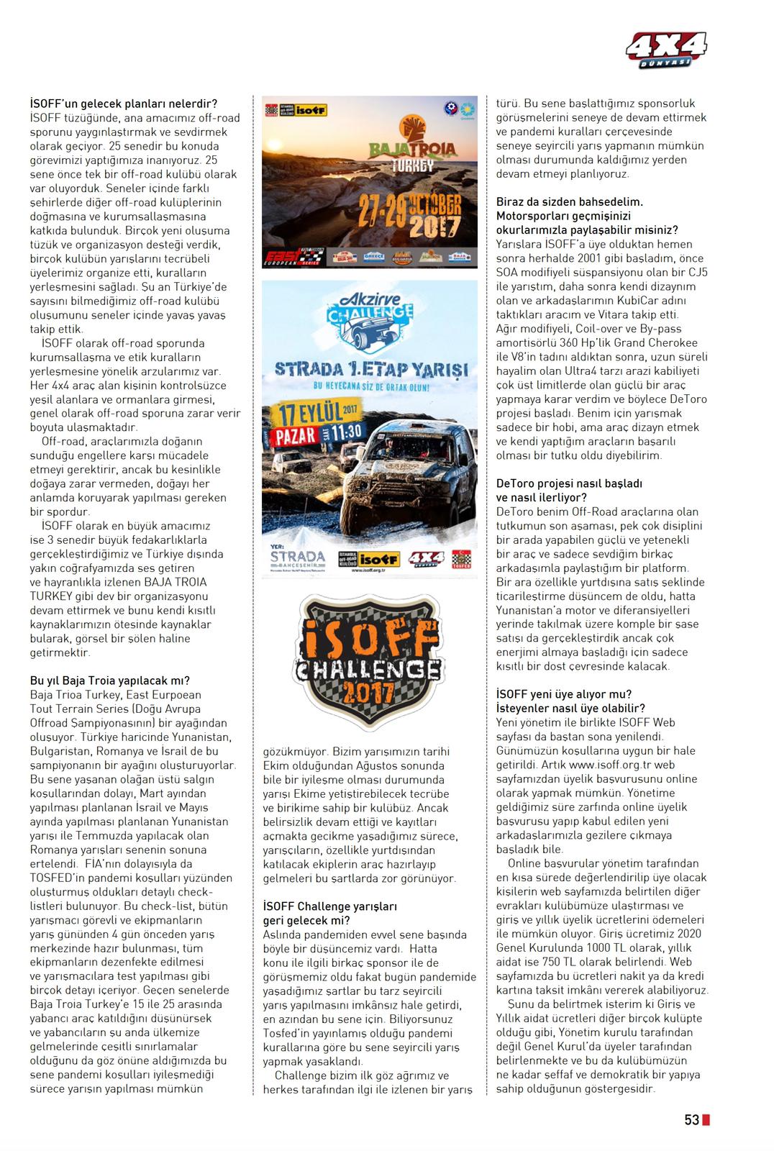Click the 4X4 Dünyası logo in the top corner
point(666,50)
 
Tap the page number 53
point(691,1120)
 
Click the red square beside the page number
point(706,1120)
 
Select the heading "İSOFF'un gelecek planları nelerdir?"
point(124,104)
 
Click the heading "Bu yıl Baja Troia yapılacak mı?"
point(110,681)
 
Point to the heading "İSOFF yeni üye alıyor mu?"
point(564,694)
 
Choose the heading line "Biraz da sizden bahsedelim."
point(570,202)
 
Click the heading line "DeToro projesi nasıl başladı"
point(569,483)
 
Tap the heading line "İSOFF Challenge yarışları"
point(330,906)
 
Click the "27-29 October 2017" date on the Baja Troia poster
point(407,212)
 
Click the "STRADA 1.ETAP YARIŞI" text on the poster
point(370,370)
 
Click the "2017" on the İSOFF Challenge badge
point(368,693)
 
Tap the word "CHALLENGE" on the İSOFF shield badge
point(368,669)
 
